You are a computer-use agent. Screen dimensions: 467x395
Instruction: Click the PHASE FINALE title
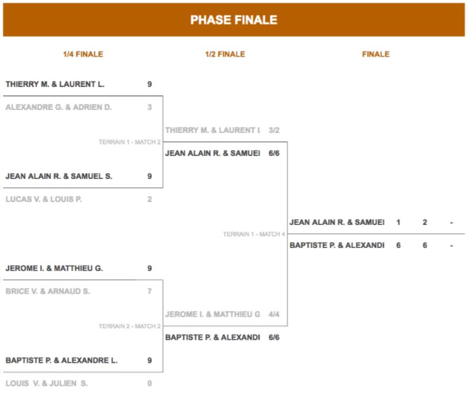click(x=234, y=20)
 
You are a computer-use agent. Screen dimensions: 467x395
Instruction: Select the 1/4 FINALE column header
click(x=83, y=54)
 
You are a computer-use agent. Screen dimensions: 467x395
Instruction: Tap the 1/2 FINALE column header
click(x=225, y=54)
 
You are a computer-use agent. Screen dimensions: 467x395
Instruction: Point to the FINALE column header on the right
click(x=376, y=54)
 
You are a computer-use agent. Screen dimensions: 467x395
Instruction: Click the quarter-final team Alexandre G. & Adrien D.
click(x=59, y=107)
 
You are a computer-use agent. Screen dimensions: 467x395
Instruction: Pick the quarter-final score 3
click(x=149, y=107)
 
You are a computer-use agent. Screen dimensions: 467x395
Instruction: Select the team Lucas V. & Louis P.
click(x=44, y=199)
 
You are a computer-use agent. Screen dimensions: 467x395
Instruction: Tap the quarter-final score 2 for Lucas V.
click(x=149, y=199)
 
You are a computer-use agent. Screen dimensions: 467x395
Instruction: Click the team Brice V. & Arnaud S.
click(x=48, y=292)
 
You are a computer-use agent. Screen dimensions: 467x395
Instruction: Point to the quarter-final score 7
click(x=149, y=292)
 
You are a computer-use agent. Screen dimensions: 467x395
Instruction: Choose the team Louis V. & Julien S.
click(x=47, y=384)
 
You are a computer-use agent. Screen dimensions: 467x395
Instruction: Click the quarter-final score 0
click(x=149, y=384)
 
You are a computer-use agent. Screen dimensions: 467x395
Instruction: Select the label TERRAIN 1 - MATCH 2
click(x=130, y=142)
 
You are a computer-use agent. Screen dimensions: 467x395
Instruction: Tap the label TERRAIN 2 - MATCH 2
click(x=130, y=326)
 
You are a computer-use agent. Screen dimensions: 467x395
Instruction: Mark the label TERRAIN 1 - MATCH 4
click(x=254, y=234)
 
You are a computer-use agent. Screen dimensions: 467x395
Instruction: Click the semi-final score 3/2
click(x=274, y=131)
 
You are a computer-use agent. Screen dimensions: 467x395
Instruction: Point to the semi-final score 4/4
click(x=274, y=314)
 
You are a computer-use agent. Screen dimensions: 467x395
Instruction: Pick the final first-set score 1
click(x=398, y=222)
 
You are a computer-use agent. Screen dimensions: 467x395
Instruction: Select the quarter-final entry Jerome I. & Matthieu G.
click(x=54, y=269)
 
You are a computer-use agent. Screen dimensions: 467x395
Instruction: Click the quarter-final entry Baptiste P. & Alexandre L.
click(x=61, y=361)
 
